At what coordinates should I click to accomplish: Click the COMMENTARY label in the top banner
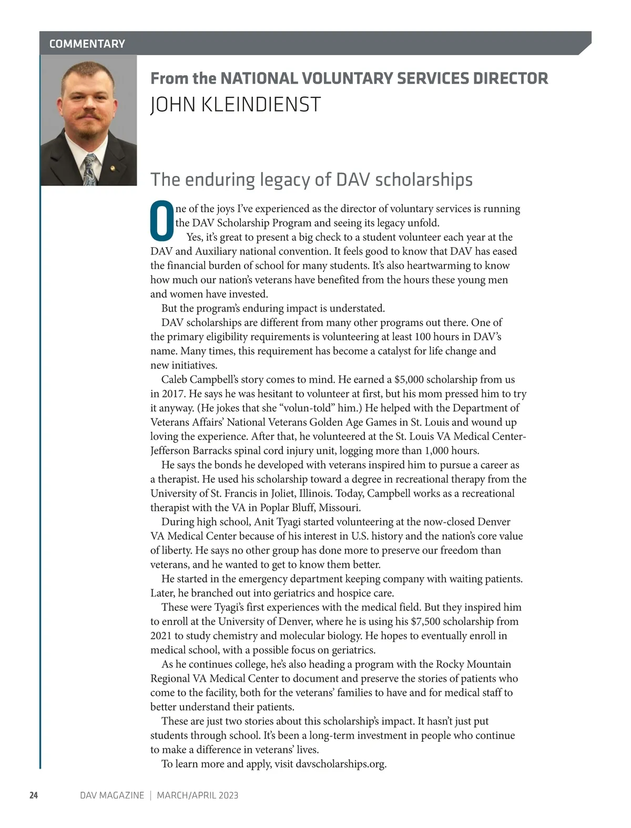coord(87,44)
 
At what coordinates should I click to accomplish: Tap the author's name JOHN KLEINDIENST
coord(235,105)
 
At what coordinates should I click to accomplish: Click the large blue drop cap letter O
coord(161,220)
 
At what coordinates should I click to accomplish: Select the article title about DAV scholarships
coord(311,179)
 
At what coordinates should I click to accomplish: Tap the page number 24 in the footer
coord(34,795)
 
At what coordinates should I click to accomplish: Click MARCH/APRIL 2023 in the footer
coord(197,795)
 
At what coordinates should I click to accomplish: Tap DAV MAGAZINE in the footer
coord(112,795)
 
